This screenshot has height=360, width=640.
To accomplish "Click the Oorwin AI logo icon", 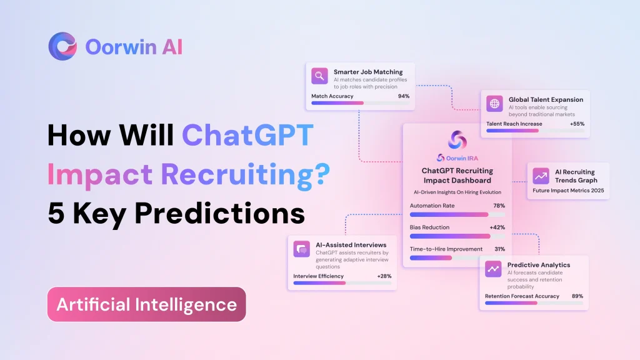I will [x=62, y=46].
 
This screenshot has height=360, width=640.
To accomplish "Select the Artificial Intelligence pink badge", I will [x=147, y=304].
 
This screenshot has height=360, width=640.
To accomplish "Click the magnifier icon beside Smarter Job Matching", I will [x=320, y=76].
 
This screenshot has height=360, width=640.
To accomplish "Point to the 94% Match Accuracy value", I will [x=403, y=96].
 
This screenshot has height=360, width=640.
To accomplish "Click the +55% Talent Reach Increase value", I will [x=577, y=124].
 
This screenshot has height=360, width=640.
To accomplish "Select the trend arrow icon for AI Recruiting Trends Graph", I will [x=541, y=176].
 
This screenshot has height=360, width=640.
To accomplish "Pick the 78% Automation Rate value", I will [x=499, y=206].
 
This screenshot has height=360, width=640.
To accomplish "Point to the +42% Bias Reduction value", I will [x=497, y=227].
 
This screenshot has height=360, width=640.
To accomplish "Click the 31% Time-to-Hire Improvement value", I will [x=499, y=249].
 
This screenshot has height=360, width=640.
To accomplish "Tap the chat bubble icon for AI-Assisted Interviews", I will [x=302, y=249].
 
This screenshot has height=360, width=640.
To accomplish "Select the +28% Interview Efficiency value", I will [x=384, y=276].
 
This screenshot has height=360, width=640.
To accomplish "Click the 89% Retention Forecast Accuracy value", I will [x=577, y=296].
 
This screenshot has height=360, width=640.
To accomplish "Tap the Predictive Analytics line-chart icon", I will [x=494, y=269].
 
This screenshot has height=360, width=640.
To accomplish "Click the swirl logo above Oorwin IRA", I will [x=457, y=139].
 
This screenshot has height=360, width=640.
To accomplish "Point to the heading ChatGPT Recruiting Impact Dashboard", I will [x=457, y=176].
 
